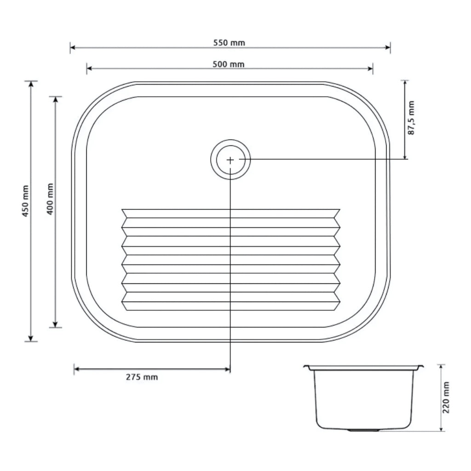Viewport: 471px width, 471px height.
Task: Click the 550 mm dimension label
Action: pos(229,43)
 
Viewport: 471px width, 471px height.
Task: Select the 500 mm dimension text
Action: pos(229,64)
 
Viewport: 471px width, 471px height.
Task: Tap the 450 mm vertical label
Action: pos(25,201)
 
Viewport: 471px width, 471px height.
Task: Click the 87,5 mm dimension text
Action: pos(411,118)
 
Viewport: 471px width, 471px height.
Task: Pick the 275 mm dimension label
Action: pos(142,377)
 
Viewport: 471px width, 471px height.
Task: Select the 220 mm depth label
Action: pos(446,397)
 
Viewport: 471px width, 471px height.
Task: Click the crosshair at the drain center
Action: pos(230,160)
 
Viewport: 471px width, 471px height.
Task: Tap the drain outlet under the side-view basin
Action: pos(363,431)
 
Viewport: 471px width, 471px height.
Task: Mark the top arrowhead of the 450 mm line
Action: pos(31,83)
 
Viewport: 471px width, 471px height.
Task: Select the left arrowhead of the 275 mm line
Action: pos(76,369)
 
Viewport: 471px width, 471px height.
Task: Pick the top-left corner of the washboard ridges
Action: pos(123,210)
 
